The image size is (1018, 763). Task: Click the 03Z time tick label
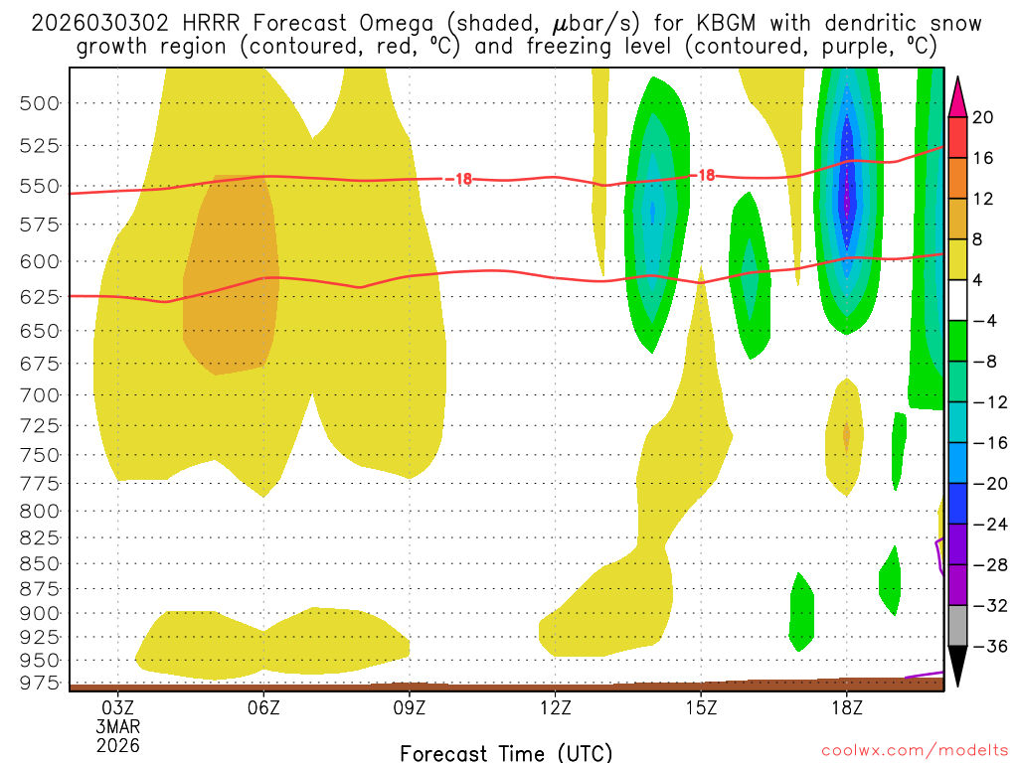[118, 708]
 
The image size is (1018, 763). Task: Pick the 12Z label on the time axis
[555, 708]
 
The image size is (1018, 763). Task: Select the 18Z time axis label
[846, 708]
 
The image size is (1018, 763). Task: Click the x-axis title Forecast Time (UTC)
[506, 752]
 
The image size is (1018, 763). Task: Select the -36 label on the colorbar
[984, 647]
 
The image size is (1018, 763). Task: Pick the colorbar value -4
[984, 321]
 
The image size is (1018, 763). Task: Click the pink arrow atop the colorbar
[958, 96]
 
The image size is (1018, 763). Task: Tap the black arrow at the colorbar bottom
[958, 667]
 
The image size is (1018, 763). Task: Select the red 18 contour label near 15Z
[706, 175]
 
